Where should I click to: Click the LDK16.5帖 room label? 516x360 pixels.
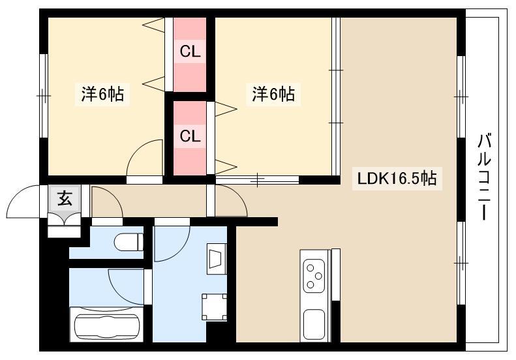point(397,179)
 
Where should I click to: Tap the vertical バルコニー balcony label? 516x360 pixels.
point(485,177)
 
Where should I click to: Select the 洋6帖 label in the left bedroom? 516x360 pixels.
point(102,94)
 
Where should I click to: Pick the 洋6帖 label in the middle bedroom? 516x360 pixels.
point(273,94)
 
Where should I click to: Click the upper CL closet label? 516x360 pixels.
point(190,51)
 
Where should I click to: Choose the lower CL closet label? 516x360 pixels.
point(190,136)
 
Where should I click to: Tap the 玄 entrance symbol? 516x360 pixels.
point(65,198)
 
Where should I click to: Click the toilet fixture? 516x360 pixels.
point(129,242)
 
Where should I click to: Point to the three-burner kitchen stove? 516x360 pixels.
point(314,276)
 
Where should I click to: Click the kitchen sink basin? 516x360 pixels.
point(314,324)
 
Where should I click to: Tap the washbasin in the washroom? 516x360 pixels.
point(215,259)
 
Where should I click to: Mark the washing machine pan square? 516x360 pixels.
point(214,307)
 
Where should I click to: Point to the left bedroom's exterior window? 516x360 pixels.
point(44,96)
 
